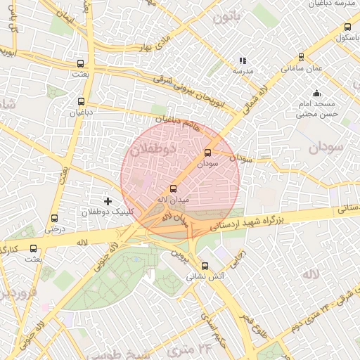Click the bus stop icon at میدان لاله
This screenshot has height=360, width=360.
point(174,188)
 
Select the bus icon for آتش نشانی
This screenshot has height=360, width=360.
point(205,266)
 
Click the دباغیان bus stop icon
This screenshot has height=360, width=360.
point(82,101)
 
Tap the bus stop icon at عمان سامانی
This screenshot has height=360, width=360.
point(302,58)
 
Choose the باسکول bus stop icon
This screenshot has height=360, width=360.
point(347,27)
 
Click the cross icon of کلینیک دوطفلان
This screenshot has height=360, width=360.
point(108,202)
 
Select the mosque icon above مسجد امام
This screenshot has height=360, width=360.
point(316,92)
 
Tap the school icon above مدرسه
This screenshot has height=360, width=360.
point(243,61)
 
